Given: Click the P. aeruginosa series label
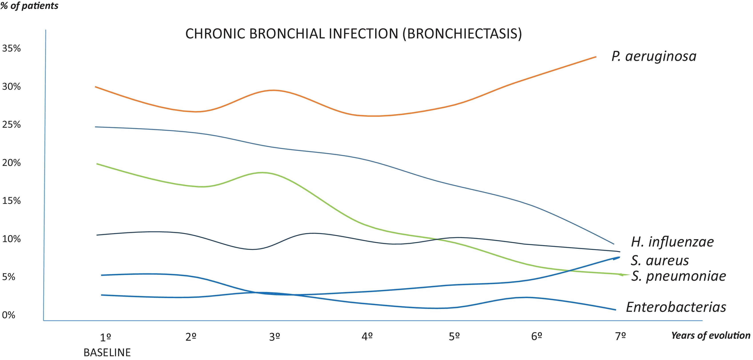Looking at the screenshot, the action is pos(654,56).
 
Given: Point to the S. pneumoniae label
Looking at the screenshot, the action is pos(678,276).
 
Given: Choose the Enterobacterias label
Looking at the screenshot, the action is pos(676,307).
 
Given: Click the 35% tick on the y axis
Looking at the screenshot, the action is pos(11,48).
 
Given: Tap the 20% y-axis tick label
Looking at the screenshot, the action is pos(11,163).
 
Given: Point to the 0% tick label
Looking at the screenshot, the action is pos(8,315).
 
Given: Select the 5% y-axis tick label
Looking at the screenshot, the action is pos(8,277).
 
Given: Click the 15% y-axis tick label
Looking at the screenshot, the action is pos(11,201).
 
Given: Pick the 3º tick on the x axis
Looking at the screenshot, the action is pos(275,337).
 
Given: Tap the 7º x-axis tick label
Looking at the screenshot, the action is pos(620,337).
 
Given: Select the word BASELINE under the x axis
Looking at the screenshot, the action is pos(107,353).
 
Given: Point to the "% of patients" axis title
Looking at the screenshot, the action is pos(30,6).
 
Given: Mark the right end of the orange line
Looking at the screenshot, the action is pos(596,57).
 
